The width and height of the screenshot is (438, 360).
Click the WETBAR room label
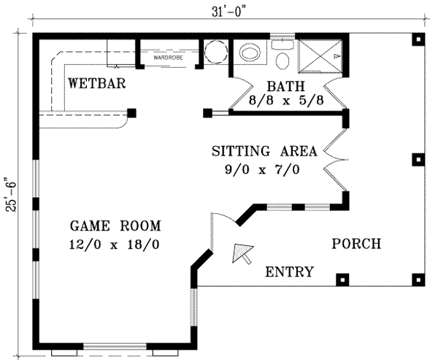[x=97, y=83]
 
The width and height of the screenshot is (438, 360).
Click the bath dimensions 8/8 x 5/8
[x=285, y=99]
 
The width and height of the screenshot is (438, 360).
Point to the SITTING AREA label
[x=264, y=152]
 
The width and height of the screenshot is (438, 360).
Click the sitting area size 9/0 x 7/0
[x=264, y=169]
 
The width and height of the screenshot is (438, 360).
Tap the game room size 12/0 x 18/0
[x=116, y=244]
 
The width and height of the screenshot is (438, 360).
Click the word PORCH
[x=356, y=244]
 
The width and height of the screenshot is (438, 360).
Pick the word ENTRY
[x=289, y=272]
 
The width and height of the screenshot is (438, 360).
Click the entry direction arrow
[x=242, y=254]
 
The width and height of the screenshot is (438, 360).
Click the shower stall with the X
[x=321, y=55]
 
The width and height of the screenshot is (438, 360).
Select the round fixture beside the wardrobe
[x=215, y=53]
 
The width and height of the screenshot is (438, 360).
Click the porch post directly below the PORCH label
[x=342, y=278]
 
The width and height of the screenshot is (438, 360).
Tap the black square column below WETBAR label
[x=132, y=112]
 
